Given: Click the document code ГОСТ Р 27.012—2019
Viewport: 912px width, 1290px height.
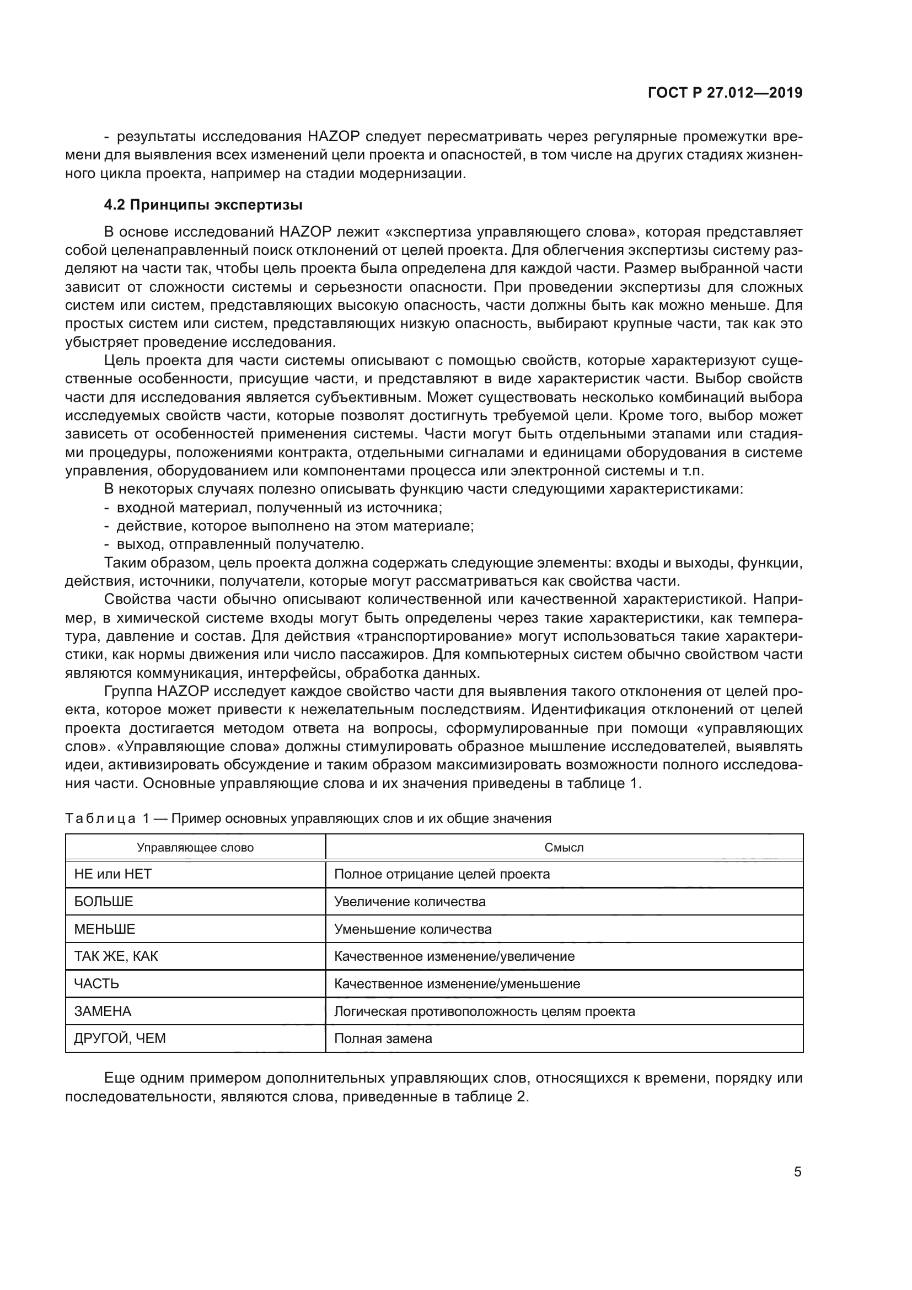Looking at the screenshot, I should click(725, 93).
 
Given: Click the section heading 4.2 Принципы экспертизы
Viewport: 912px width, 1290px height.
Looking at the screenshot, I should click(203, 205).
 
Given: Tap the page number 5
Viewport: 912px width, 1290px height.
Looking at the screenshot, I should click(797, 1172).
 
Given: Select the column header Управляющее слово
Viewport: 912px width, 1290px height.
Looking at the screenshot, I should click(195, 847).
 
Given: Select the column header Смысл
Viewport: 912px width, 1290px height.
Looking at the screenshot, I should click(564, 847).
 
